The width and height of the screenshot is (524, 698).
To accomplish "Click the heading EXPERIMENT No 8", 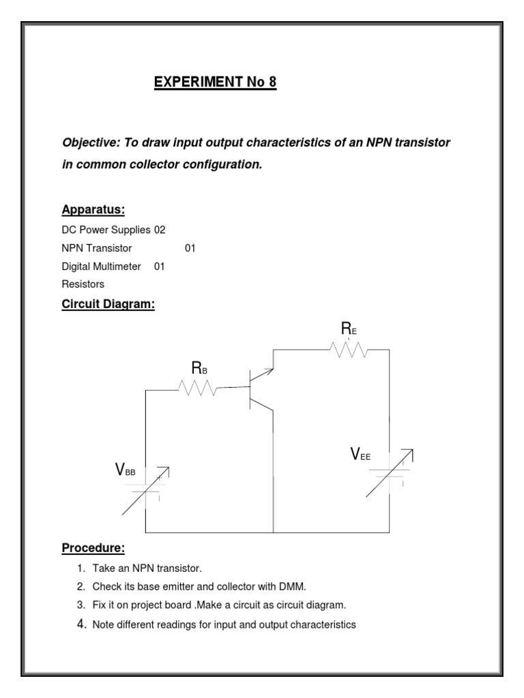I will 215,83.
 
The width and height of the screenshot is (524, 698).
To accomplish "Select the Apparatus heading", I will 93,209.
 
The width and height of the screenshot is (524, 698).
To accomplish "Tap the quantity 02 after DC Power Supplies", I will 160,230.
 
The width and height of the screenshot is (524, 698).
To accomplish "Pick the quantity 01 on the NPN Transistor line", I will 190,249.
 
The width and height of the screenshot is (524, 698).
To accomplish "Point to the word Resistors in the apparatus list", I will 83,284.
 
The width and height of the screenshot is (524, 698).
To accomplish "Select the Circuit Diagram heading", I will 108,305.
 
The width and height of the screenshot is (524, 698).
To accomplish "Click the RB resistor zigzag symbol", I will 198,389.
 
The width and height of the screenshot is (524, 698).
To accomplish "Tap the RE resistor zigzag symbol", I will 349,350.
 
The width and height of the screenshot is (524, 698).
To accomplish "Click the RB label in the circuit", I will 199,369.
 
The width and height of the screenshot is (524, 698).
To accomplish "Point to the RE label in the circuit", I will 349,330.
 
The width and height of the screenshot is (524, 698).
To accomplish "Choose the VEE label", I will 360,455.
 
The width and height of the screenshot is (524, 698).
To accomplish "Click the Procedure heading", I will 93,547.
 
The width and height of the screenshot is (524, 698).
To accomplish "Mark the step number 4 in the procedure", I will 80,623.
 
